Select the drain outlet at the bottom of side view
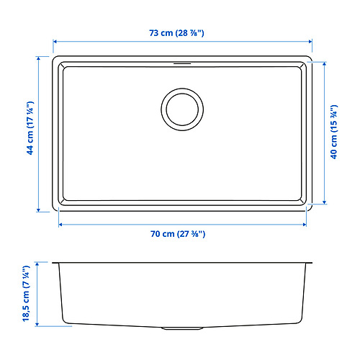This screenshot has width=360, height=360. (x=180, y=328)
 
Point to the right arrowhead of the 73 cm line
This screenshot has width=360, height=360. (x=310, y=42)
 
